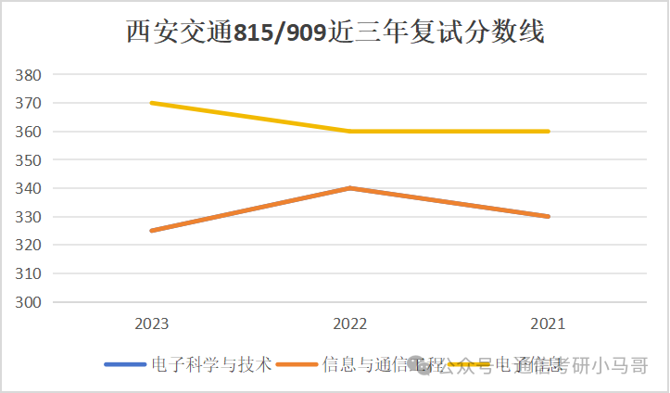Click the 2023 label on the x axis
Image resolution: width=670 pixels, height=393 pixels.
[151, 324]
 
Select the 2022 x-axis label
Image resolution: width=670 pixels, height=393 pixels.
[349, 324]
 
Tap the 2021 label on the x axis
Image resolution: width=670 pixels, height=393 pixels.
[548, 324]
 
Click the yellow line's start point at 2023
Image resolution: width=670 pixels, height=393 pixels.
[151, 103]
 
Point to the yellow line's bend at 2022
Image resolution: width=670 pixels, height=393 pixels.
[349, 132]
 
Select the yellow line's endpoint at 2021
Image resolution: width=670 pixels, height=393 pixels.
[549, 132]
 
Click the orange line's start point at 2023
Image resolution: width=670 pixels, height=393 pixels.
[151, 231]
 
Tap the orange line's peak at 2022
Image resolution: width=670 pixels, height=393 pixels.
[349, 188]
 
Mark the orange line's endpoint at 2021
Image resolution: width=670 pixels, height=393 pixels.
[549, 217]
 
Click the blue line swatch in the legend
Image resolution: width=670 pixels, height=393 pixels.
[125, 365]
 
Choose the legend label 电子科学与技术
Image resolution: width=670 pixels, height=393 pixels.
[211, 365]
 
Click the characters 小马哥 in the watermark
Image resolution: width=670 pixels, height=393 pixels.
[625, 366]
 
